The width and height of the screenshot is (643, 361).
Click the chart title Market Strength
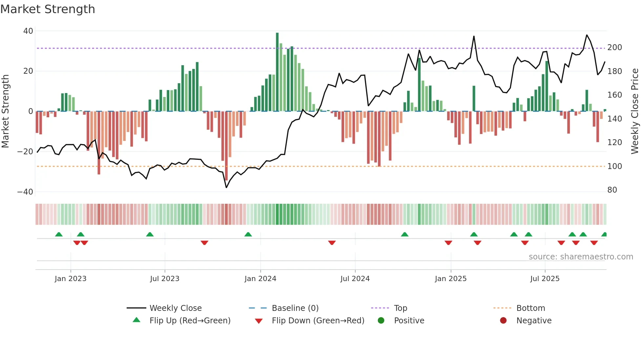pos(48,9)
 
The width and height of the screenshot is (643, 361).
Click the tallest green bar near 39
pos(277,72)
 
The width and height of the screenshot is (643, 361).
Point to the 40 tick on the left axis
pos(28,31)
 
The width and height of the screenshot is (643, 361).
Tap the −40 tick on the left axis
pos(25,192)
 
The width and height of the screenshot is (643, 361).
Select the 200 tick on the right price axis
pos(614,47)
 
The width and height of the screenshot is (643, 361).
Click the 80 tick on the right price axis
pos(612,190)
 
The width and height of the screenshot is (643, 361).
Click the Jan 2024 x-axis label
pos(260,279)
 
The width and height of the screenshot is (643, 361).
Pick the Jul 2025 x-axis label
pos(545,279)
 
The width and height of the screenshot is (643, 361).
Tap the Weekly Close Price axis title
pos(635,111)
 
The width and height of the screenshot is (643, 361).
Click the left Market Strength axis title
pos(5,111)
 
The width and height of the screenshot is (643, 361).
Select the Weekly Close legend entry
pos(176,308)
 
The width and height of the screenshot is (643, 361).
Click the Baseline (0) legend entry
pos(295,308)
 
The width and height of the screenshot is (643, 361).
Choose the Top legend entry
pos(400,308)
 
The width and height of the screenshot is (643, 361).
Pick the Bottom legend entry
pos(530,308)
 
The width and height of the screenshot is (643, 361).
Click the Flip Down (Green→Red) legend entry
pos(318,321)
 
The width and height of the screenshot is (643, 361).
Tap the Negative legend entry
pos(534,321)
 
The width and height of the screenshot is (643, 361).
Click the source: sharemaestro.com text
pos(581,257)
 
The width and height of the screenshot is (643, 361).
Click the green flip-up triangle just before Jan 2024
pos(248,234)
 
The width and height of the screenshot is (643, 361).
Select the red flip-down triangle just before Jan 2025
pos(448,243)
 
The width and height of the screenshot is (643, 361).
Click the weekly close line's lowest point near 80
pos(226,187)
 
